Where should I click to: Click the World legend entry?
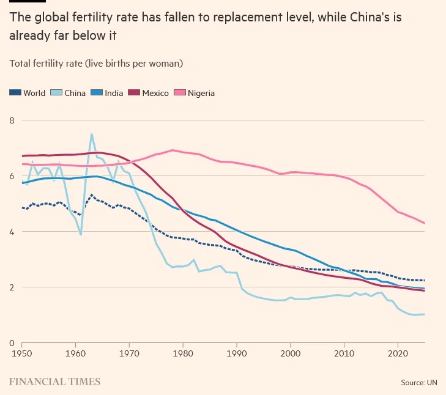28,93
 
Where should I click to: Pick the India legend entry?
108,93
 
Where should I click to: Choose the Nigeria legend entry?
195,93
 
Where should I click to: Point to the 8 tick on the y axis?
11,120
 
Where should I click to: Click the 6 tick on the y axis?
11,175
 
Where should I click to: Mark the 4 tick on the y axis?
11,231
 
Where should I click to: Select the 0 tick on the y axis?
11,342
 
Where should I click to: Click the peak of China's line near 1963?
92,134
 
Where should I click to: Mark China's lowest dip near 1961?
81,234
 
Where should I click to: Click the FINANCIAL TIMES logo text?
54,382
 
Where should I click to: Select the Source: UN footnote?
419,382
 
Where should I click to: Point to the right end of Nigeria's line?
425,223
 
